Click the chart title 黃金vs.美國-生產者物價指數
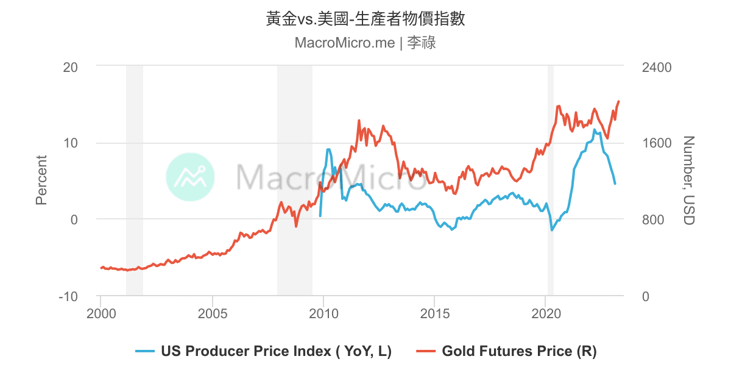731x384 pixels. coord(365,19)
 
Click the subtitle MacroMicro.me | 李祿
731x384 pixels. coord(365,43)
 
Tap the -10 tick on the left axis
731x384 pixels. coord(68,296)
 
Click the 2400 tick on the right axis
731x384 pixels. coord(657,66)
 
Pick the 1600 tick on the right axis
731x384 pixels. coord(657,143)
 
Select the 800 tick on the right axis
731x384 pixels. coord(653,219)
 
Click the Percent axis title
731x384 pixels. coord(41,180)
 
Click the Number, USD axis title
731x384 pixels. coord(688,180)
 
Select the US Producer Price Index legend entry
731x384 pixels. coord(263,351)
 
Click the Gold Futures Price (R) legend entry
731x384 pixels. coord(507,351)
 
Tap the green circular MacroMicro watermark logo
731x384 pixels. coord(191,177)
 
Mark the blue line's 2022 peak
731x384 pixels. coord(595,129)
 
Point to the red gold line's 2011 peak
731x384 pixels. coord(359,121)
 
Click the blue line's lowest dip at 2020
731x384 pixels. coord(552,230)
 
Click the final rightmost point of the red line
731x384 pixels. coord(619,101)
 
